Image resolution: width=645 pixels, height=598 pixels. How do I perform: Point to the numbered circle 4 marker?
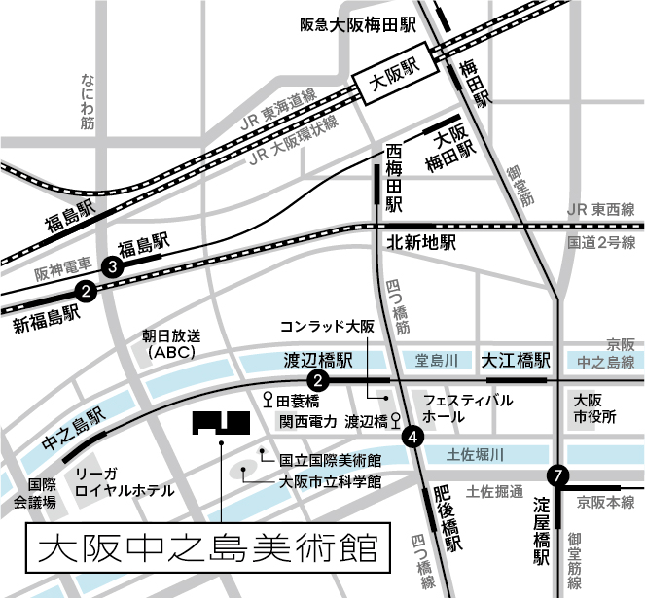tap(414, 437)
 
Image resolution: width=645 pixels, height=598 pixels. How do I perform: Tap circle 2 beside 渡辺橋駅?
tap(316, 379)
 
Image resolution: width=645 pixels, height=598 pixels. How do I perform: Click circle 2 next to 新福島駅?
tap(87, 290)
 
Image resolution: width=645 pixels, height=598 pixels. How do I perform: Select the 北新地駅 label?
tap(421, 243)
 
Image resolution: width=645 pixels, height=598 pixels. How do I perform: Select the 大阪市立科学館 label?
tap(330, 480)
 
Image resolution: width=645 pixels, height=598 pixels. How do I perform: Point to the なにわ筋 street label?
tap(89, 100)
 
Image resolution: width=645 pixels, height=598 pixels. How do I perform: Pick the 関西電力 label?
tap(308, 422)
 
